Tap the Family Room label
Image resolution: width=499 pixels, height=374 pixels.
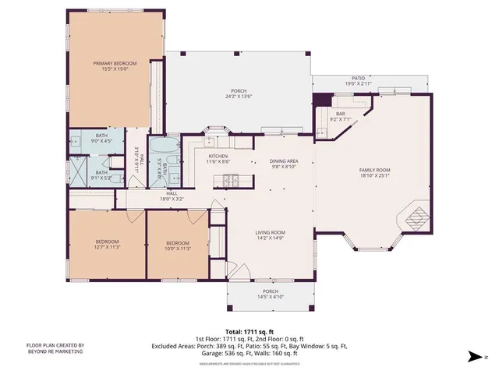point(374,173)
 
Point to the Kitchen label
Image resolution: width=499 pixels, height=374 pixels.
point(218,159)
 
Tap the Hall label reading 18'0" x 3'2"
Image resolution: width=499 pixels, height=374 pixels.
point(172,196)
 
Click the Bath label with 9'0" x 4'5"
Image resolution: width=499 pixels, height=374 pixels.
point(101,139)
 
